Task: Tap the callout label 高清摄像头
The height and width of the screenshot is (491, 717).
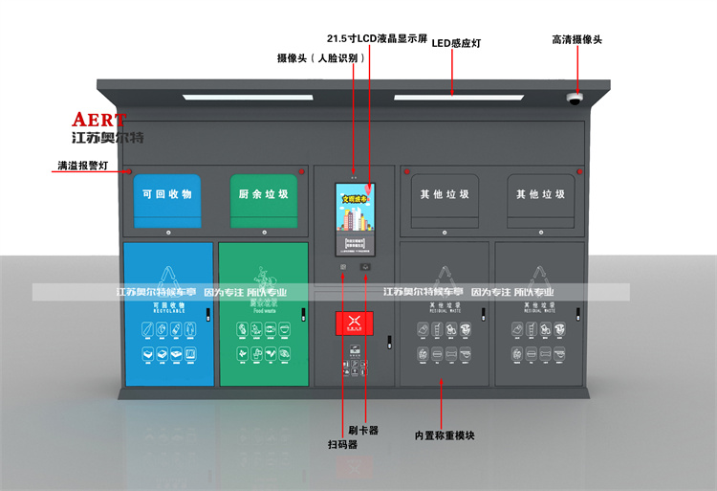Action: coord(576,40)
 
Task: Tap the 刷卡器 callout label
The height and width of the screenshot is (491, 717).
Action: coord(365,431)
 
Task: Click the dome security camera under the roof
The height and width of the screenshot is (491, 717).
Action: coord(575,98)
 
